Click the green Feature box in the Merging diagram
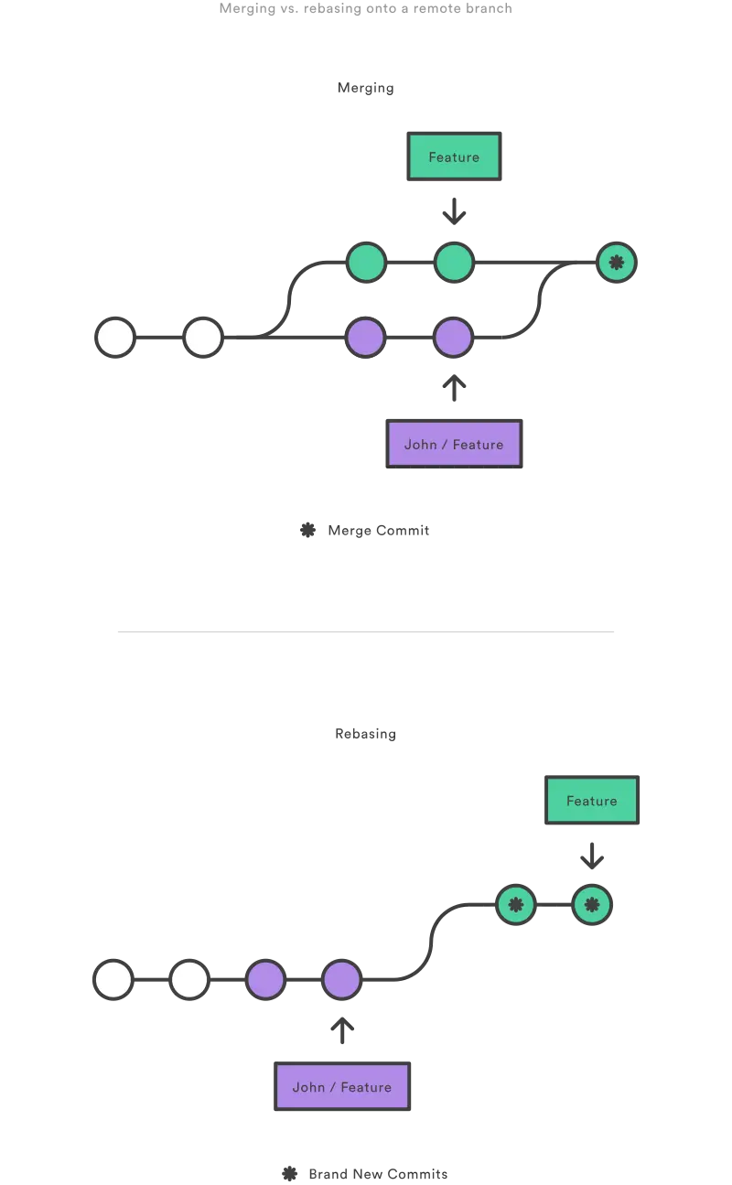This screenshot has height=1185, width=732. coord(454,156)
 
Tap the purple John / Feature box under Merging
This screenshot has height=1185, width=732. coord(454,444)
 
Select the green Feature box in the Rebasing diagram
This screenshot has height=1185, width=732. coord(592,801)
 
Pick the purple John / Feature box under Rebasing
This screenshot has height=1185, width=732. coord(342,1086)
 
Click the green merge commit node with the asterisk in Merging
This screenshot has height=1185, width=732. coord(616,263)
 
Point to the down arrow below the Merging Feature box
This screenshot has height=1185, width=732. coord(454,211)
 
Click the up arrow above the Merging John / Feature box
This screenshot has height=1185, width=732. coord(454,388)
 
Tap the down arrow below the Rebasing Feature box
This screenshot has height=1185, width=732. coord(592,856)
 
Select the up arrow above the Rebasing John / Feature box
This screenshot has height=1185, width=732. coord(342,1030)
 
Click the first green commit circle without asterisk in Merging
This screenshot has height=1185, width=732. coord(366,263)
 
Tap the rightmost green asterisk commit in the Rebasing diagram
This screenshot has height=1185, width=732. coord(592,905)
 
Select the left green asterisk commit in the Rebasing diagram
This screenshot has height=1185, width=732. coord(516,905)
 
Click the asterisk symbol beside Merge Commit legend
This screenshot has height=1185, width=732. coord(307,530)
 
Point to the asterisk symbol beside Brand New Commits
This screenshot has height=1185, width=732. coord(289,1173)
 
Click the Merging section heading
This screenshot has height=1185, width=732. coord(365,88)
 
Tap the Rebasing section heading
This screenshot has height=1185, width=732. coord(365,734)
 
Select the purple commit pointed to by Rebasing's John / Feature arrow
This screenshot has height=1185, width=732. coord(341,980)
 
